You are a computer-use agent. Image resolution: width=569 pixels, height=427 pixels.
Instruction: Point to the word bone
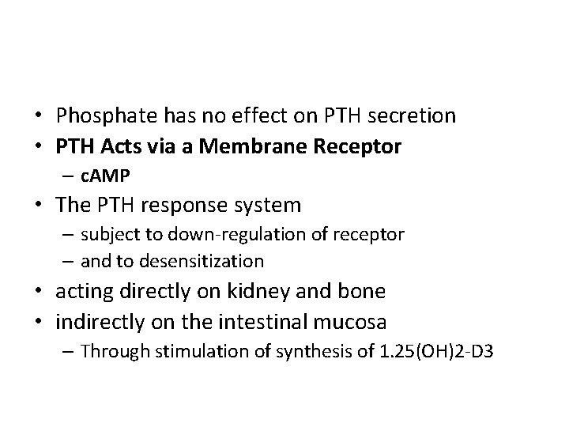pyautogui.click(x=363, y=291)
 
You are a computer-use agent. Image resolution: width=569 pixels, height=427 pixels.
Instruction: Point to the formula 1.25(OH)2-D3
pyautogui.click(x=428, y=350)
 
